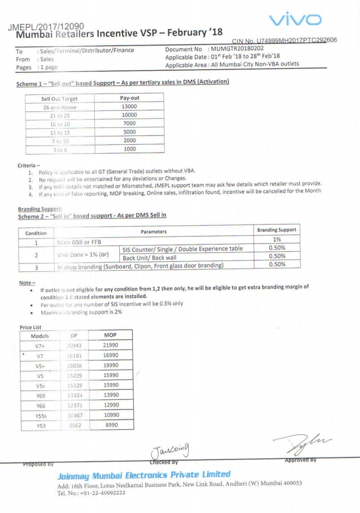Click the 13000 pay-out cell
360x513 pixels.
129,107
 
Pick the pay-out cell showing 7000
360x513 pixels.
129,124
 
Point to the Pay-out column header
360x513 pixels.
129,98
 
